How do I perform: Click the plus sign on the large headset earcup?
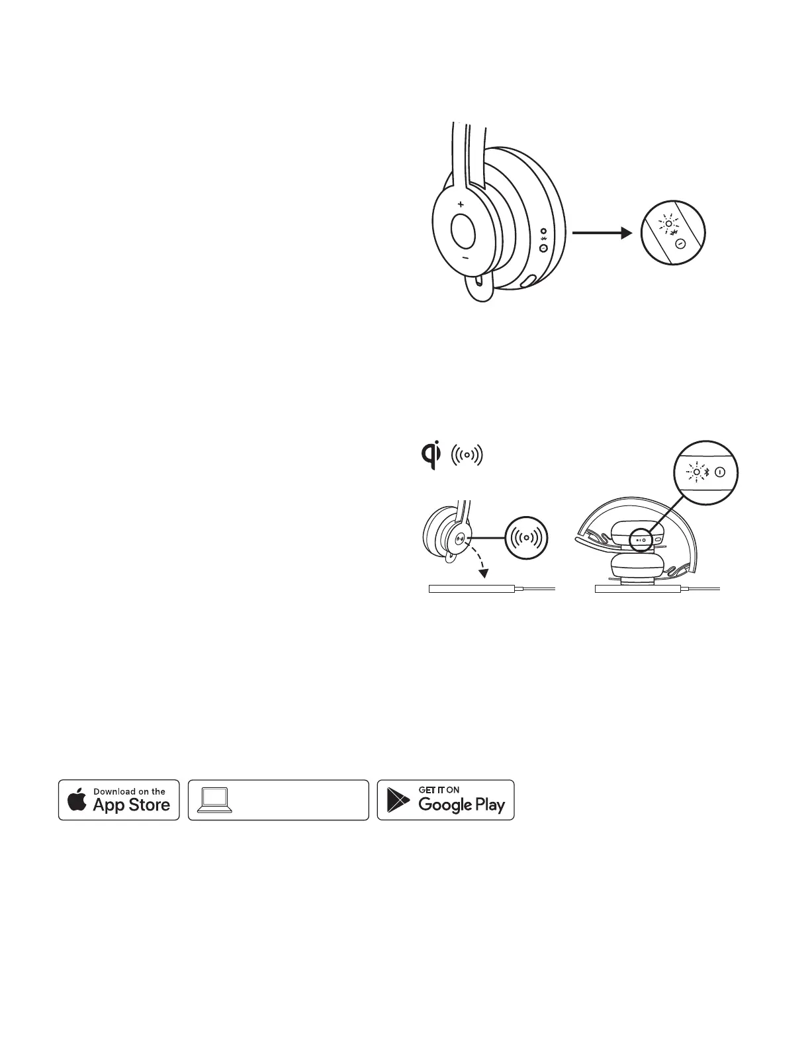[x=460, y=204]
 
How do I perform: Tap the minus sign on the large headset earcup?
[x=465, y=257]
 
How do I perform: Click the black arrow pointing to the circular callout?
[x=599, y=232]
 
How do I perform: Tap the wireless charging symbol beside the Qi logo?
[x=467, y=455]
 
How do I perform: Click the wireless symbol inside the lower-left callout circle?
[x=525, y=537]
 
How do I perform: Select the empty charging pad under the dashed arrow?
[x=471, y=588]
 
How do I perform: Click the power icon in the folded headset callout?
[x=720, y=472]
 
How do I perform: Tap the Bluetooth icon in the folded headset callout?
[x=707, y=472]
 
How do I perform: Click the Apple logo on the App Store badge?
[x=77, y=800]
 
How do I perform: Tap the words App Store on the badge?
[x=132, y=805]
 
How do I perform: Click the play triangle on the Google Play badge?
[x=398, y=801]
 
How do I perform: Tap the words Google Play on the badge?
[x=462, y=805]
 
